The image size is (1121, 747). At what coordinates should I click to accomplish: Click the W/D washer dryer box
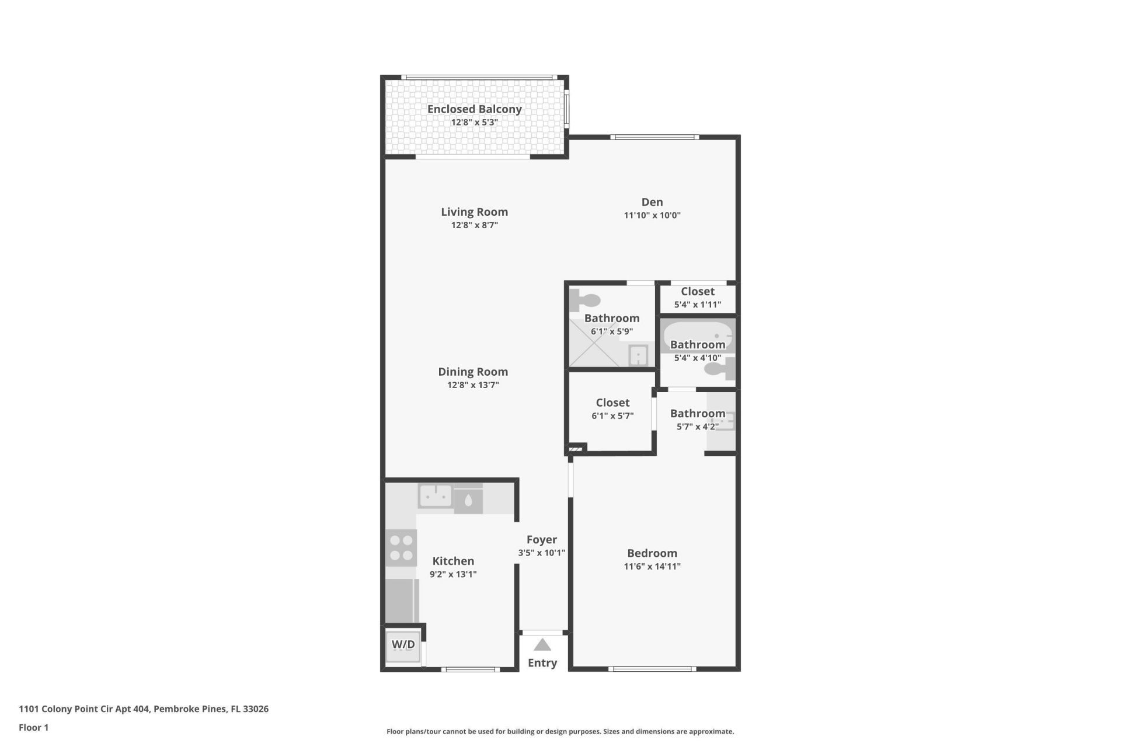click(x=403, y=645)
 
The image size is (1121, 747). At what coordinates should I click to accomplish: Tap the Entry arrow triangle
click(x=542, y=645)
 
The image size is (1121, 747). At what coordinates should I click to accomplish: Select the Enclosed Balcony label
click(x=474, y=109)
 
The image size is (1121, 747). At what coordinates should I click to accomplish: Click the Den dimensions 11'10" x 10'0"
click(x=652, y=215)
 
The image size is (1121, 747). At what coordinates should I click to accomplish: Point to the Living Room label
click(x=474, y=212)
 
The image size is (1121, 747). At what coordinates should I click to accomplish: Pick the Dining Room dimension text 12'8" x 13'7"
click(x=473, y=385)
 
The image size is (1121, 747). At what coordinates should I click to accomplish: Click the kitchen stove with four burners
click(x=401, y=548)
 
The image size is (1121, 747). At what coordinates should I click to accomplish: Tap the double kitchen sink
click(x=436, y=497)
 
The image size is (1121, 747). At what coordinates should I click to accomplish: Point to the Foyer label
click(x=542, y=540)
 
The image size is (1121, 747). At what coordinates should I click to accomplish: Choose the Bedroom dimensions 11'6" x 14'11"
click(x=652, y=567)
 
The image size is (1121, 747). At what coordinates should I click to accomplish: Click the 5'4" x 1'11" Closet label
click(x=698, y=292)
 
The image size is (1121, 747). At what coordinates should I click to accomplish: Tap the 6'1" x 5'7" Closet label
click(x=612, y=403)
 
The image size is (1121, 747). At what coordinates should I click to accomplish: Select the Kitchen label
click(x=453, y=561)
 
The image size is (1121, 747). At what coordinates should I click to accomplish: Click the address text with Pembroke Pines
click(x=144, y=709)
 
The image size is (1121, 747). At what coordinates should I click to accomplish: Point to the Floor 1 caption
click(x=34, y=728)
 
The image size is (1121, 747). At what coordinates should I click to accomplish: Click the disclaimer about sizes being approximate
click(x=560, y=732)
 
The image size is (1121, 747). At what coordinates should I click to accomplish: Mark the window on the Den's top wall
click(x=655, y=138)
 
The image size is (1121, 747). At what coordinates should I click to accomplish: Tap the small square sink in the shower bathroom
click(x=638, y=355)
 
